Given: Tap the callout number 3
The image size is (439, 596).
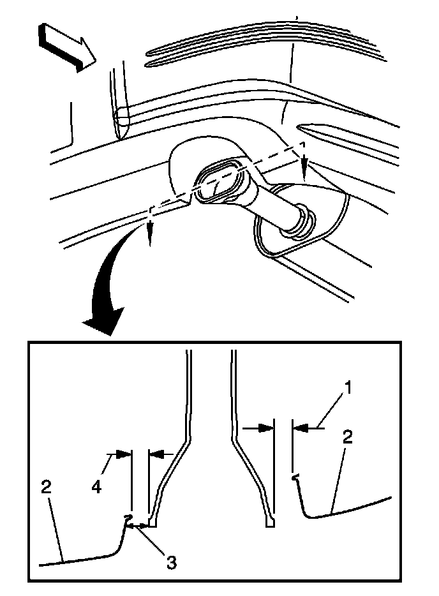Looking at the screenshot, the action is (x=170, y=562).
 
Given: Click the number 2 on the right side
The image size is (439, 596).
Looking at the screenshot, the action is (x=347, y=438).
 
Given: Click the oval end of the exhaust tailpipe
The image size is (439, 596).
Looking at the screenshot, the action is (x=217, y=182).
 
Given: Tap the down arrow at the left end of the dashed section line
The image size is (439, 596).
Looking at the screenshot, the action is (x=149, y=238).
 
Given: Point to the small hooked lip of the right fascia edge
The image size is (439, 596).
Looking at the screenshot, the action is (x=295, y=476).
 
